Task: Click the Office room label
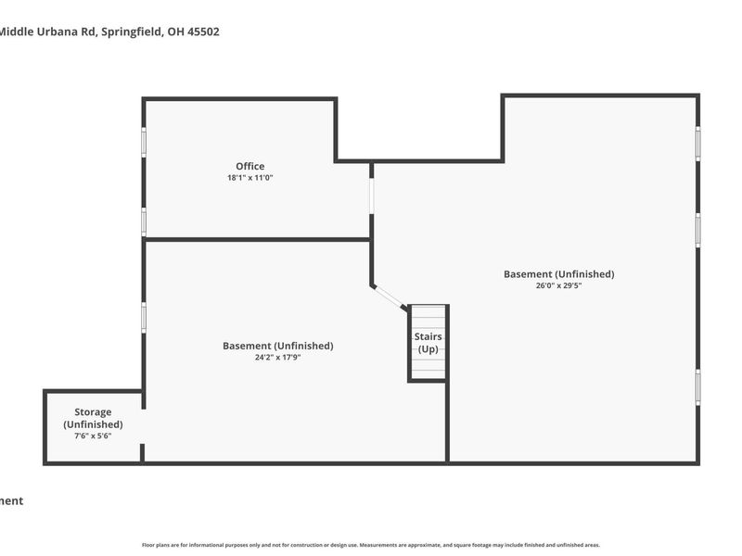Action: point(249,167)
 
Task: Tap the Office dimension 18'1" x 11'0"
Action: point(249,178)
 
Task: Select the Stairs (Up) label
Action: point(428,343)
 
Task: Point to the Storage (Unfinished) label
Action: point(93,418)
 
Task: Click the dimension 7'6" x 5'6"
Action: point(93,436)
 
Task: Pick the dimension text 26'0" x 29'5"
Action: point(558,285)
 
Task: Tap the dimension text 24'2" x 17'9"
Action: point(277,357)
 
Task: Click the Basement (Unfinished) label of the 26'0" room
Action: point(558,274)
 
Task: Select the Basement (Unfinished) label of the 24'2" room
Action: point(277,346)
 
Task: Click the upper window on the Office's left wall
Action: point(144,142)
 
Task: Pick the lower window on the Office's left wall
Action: point(144,221)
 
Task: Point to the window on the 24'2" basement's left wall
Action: point(144,316)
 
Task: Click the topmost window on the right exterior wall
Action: point(697,144)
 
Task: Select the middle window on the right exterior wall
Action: point(697,229)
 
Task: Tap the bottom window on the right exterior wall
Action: point(697,387)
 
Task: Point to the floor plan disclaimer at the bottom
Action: point(371,545)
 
